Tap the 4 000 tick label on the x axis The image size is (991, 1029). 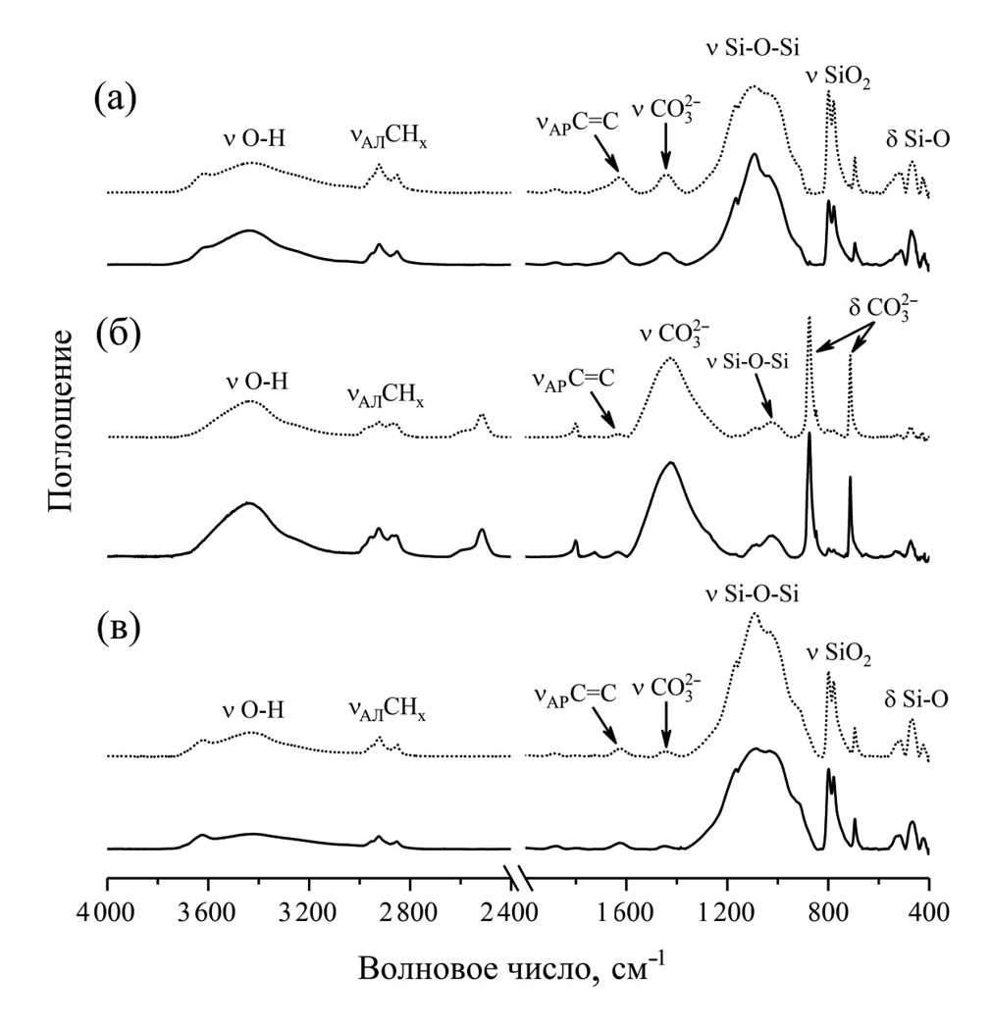point(105,909)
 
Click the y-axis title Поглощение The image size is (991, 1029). point(60,421)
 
